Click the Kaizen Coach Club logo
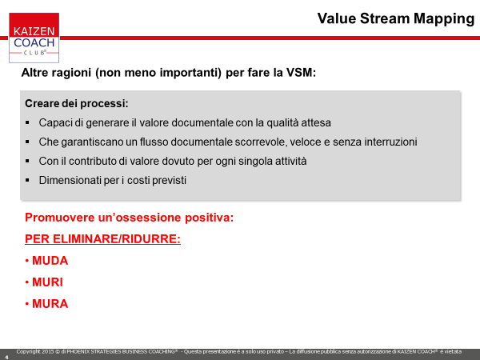[34, 38]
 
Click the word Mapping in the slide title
[444, 19]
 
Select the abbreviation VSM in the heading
[299, 73]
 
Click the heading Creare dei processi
[77, 103]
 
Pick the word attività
[291, 161]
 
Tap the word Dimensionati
[70, 180]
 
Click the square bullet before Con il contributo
[27, 161]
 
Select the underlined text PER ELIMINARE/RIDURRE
[102, 238]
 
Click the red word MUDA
[50, 261]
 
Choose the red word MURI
[47, 282]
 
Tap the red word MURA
[50, 304]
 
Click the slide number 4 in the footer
[6, 357]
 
